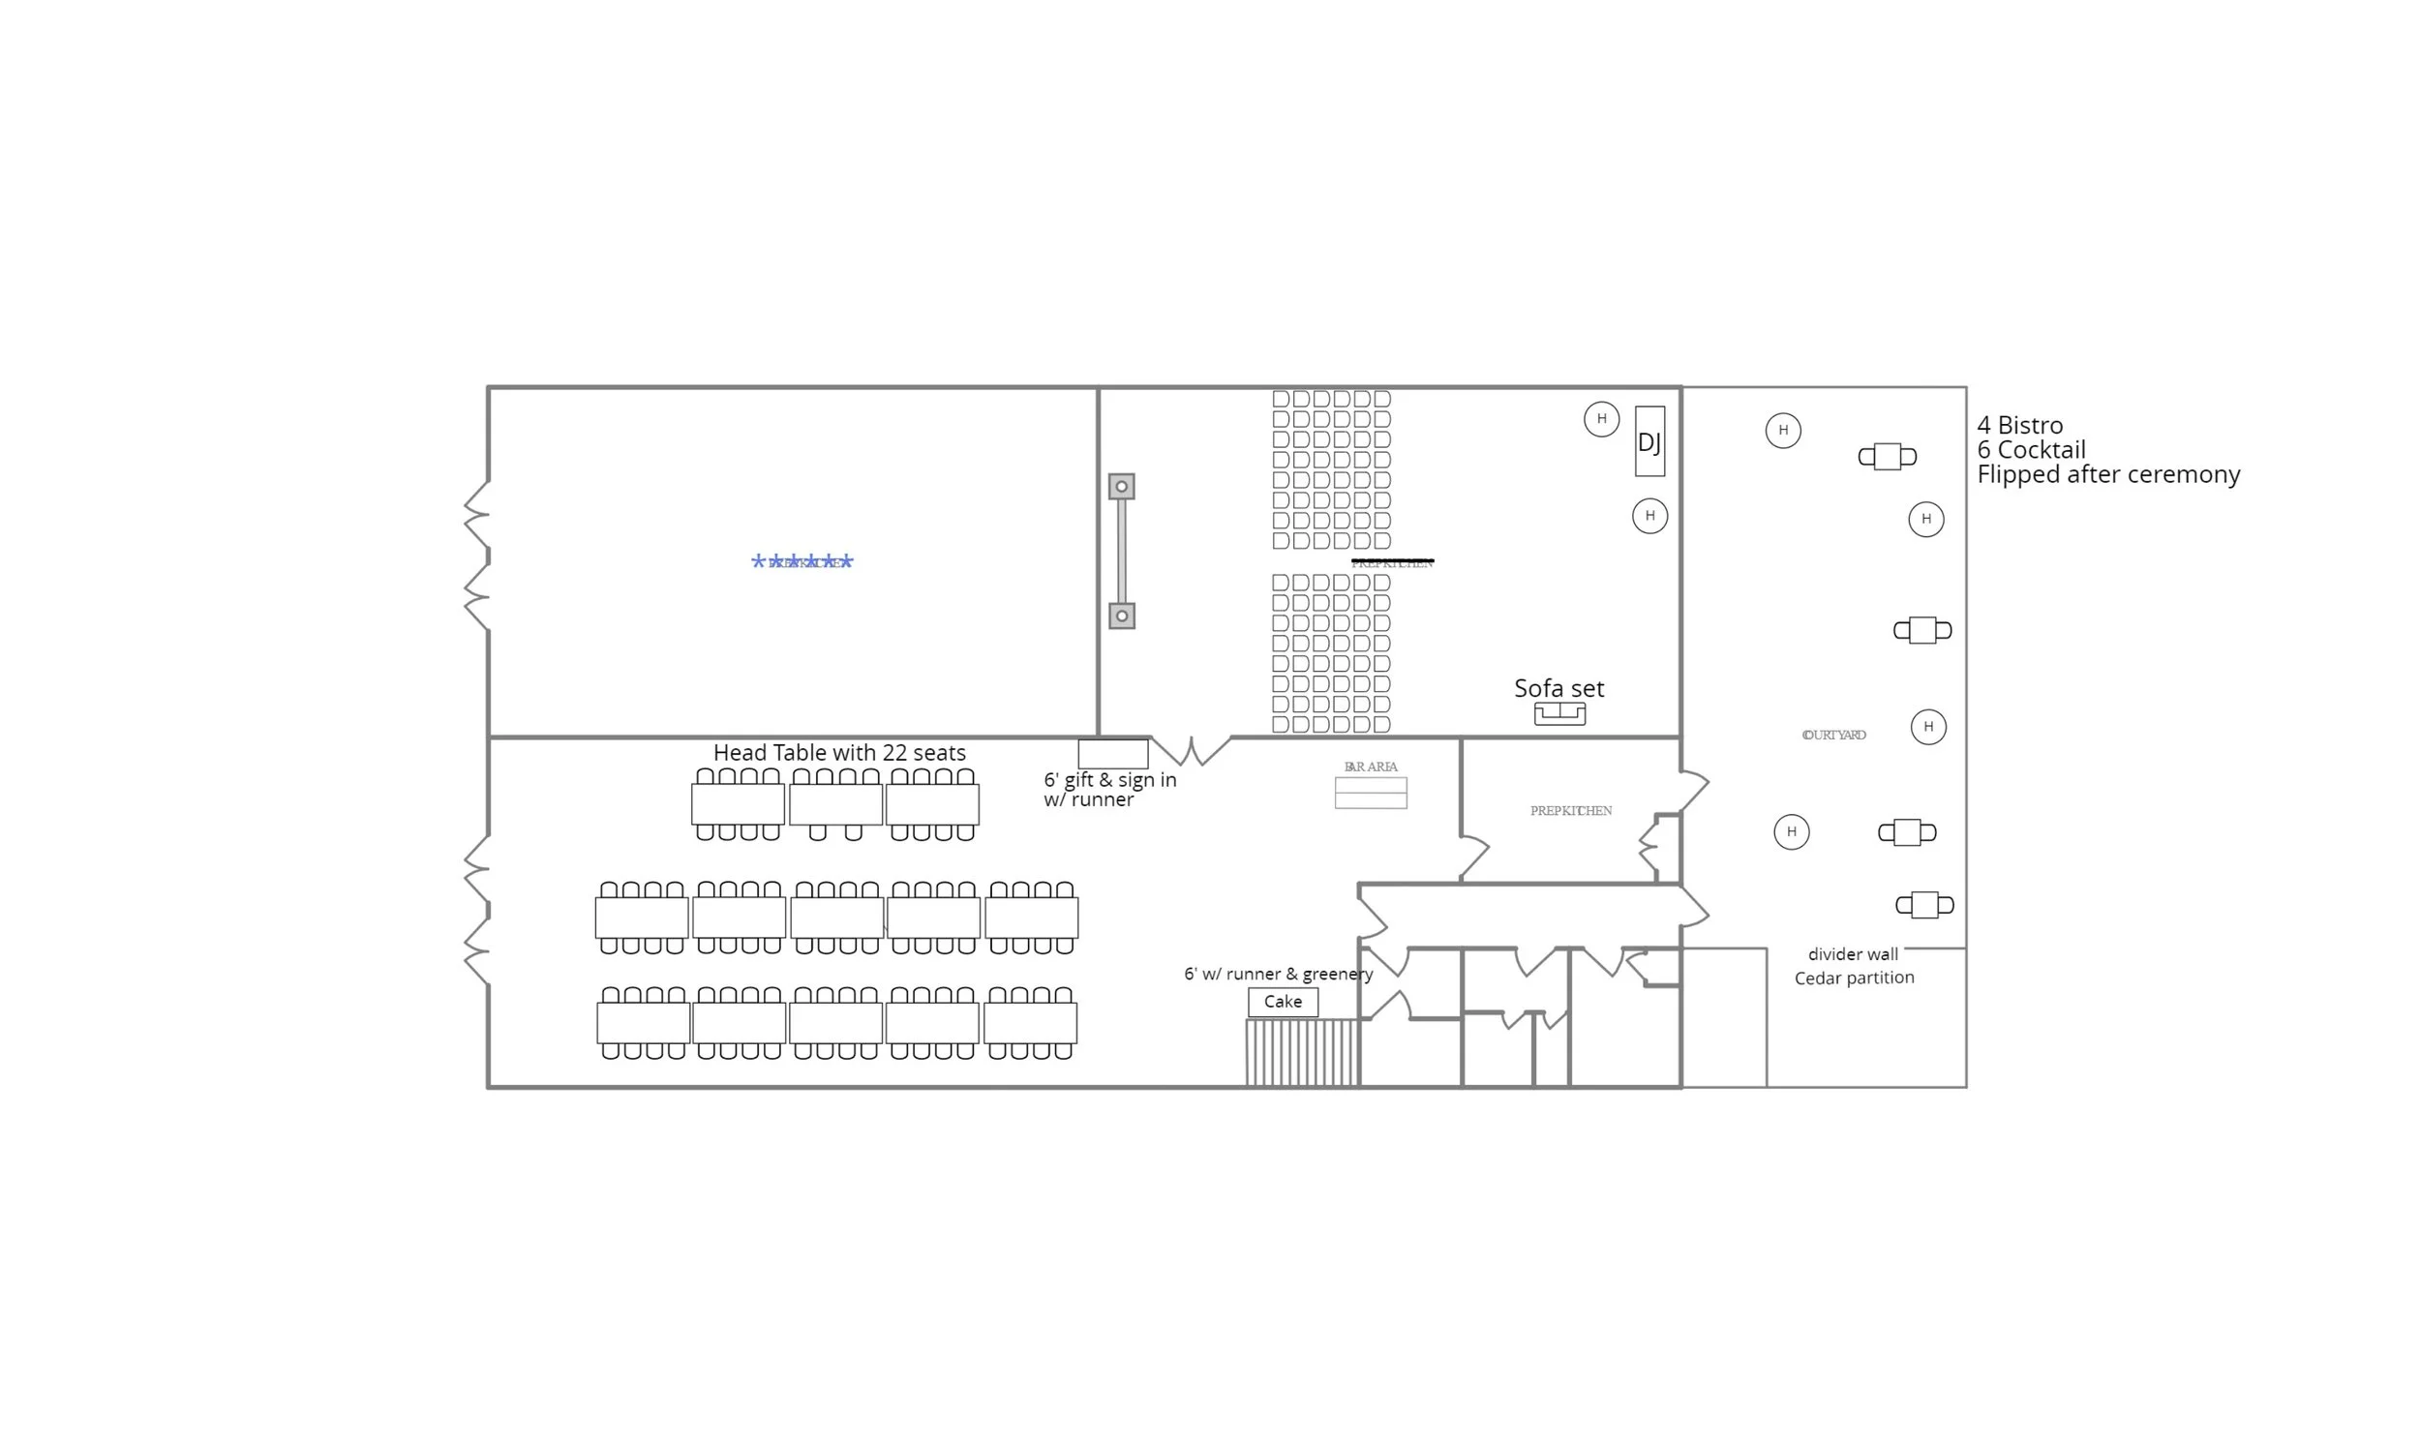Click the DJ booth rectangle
coord(1649,440)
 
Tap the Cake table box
coord(1283,1002)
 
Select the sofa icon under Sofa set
coord(1558,714)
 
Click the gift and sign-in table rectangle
coord(1112,753)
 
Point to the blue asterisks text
coord(802,561)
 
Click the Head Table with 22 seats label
coord(839,752)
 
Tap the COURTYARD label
coord(1833,735)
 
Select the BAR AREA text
coord(1370,767)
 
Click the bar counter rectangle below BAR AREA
coord(1370,793)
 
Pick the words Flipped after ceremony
coord(2107,474)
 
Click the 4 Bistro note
coord(2019,425)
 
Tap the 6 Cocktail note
coord(2031,449)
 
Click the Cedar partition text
coord(1854,978)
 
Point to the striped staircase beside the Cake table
coord(1302,1052)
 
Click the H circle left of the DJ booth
coord(1601,419)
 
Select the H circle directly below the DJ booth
coord(1649,516)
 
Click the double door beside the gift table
coord(1191,750)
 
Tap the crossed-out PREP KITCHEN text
coord(1391,562)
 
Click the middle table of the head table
coord(834,804)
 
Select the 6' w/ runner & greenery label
coord(1278,973)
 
